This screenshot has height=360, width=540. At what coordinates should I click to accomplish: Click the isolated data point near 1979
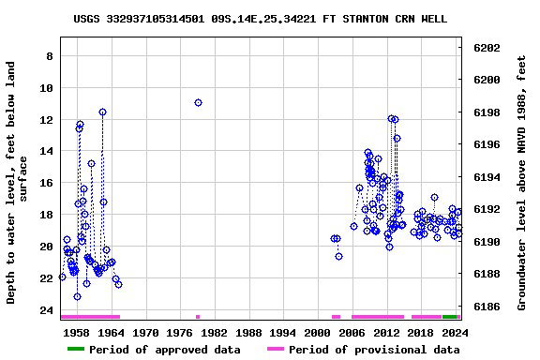point(198,102)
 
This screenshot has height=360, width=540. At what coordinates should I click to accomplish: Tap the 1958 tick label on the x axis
point(77,332)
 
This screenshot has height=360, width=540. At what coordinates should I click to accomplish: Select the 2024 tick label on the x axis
point(455,332)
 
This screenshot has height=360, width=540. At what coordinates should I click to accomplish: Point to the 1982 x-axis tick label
point(215,332)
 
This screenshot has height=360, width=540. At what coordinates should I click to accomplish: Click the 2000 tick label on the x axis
point(318,332)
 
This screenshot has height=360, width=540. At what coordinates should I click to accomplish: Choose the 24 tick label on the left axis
point(44,310)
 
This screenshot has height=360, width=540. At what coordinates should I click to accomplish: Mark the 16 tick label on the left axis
point(44,184)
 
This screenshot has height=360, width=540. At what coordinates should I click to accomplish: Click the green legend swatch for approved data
point(88,350)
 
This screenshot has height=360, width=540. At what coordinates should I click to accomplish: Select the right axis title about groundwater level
point(522,183)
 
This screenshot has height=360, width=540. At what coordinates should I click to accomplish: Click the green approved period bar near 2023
point(450,317)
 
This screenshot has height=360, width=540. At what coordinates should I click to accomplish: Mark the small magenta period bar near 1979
point(198,317)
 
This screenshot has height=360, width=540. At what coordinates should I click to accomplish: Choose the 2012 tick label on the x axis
point(386,332)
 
